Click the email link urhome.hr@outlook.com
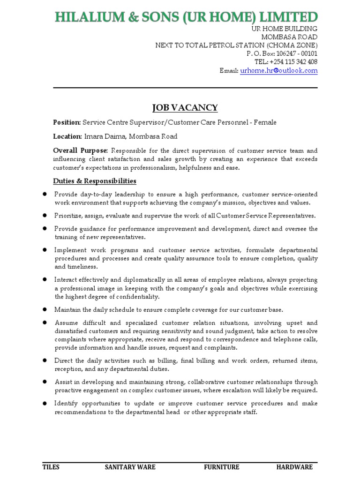(x=279, y=71)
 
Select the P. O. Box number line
(x=282, y=53)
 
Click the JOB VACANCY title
(x=185, y=108)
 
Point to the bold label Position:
(x=67, y=122)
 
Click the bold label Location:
(x=67, y=136)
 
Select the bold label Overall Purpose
(x=80, y=150)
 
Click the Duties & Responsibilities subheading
(x=95, y=181)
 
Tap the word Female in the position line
(x=265, y=122)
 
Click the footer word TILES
(x=51, y=467)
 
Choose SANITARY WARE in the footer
(x=130, y=467)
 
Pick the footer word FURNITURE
(x=221, y=467)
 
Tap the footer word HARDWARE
(x=294, y=467)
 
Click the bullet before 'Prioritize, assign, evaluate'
(x=45, y=216)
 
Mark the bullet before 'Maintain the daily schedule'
(x=45, y=309)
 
